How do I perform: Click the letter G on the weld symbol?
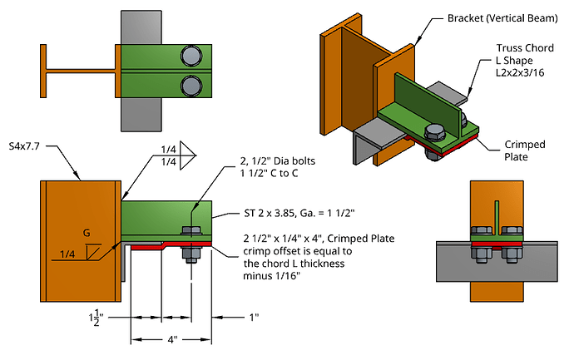[87, 234]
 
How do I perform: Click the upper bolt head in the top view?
[191, 57]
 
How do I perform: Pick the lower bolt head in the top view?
[191, 86]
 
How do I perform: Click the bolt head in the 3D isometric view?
[433, 133]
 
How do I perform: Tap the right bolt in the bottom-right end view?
[513, 234]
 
